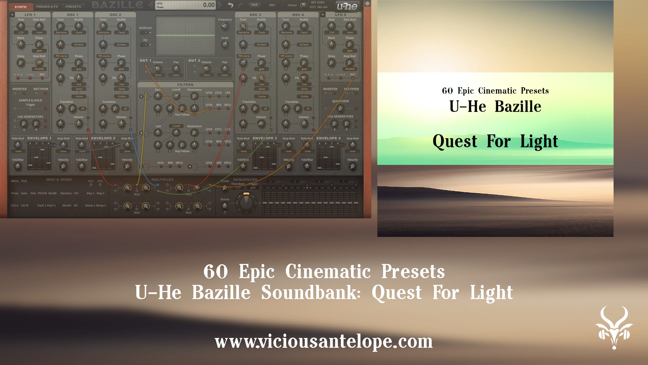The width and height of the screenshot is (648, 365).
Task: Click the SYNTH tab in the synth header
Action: (x=21, y=7)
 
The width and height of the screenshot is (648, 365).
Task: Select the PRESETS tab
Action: (x=73, y=7)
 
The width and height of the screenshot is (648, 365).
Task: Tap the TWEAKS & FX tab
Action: (x=47, y=7)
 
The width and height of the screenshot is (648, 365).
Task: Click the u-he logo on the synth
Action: (x=347, y=6)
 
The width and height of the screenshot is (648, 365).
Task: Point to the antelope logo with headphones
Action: (x=614, y=327)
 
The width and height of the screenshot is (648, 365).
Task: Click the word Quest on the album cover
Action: (x=455, y=141)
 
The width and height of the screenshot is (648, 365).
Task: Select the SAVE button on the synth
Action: (x=254, y=5)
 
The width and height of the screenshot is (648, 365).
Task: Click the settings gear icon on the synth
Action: (x=368, y=4)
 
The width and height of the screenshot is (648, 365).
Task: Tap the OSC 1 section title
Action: (x=73, y=15)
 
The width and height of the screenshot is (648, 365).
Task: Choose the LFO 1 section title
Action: (x=30, y=15)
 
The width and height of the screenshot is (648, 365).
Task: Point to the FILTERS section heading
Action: (x=185, y=85)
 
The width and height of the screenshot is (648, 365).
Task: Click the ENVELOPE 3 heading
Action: (x=265, y=138)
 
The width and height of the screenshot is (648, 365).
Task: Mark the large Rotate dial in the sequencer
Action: (x=246, y=202)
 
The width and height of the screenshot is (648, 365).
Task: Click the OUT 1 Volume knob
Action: (x=158, y=69)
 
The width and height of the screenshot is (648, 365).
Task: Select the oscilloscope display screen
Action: (x=185, y=35)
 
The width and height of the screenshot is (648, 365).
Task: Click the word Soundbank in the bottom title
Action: (x=310, y=293)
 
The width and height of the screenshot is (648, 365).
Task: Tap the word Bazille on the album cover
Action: (x=518, y=107)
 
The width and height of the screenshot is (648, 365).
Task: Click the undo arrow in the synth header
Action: (x=231, y=5)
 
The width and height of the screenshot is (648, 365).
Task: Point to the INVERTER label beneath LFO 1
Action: (x=20, y=89)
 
